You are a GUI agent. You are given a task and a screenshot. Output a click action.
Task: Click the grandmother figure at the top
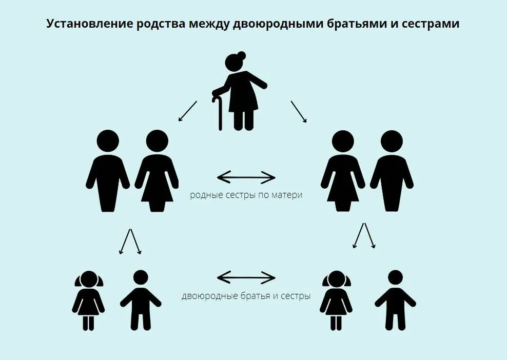coord(242,92)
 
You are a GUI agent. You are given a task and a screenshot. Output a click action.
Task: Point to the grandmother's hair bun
coord(242,56)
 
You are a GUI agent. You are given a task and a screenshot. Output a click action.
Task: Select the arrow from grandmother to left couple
coord(187,111)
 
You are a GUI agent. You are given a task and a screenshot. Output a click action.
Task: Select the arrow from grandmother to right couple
coord(299,111)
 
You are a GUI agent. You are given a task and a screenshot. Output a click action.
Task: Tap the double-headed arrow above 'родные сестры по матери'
coord(246,178)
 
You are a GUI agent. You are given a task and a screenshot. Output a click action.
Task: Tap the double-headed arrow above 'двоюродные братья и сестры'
coord(246,278)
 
